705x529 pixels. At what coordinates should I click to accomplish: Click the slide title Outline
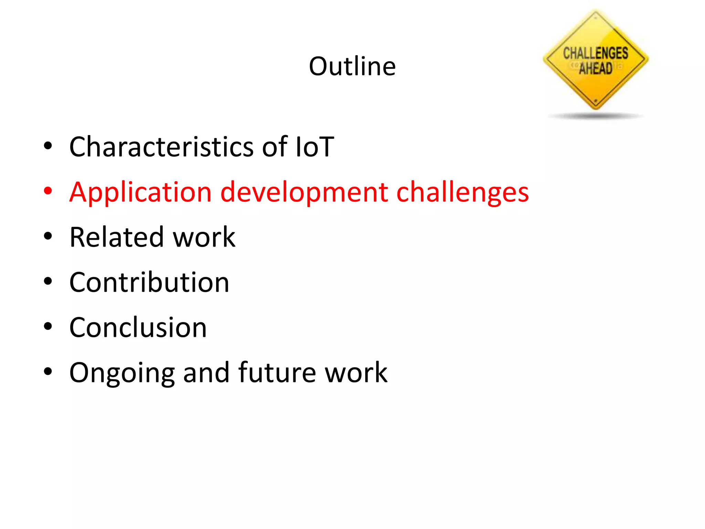coord(352,66)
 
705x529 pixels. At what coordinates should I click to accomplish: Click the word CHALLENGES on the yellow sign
coord(596,53)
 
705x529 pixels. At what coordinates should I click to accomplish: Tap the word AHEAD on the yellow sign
coord(596,68)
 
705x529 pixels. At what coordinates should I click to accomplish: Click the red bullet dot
coord(48,191)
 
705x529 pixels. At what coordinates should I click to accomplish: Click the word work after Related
coord(204,237)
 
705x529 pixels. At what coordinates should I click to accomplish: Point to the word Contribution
coord(149,282)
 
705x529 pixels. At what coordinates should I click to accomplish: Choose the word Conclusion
coord(138,328)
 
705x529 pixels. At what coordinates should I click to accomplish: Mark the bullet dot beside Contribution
coord(48,281)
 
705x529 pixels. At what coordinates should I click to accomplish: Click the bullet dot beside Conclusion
coord(48,326)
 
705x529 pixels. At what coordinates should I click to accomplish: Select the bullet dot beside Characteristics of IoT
coord(48,146)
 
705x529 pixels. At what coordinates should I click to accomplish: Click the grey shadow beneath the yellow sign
coord(596,116)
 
